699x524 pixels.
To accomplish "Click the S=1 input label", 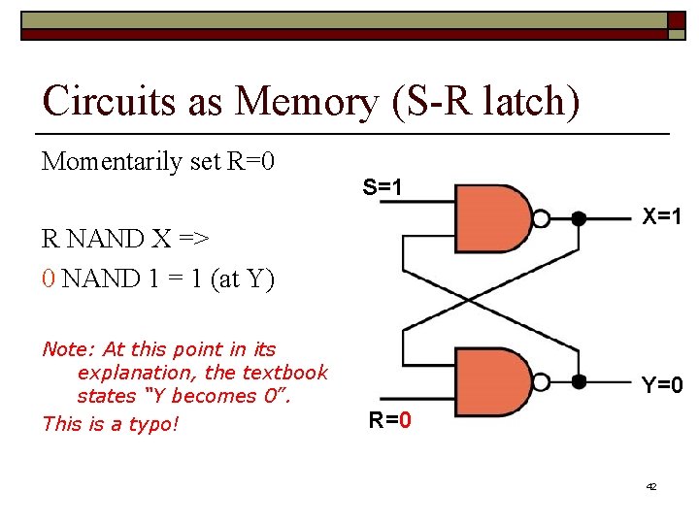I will point(383,186).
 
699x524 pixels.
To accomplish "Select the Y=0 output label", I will point(661,385).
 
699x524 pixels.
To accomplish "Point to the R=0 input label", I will point(389,420).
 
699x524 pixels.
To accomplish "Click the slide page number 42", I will point(650,486).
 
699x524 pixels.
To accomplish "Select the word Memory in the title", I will point(310,100).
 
